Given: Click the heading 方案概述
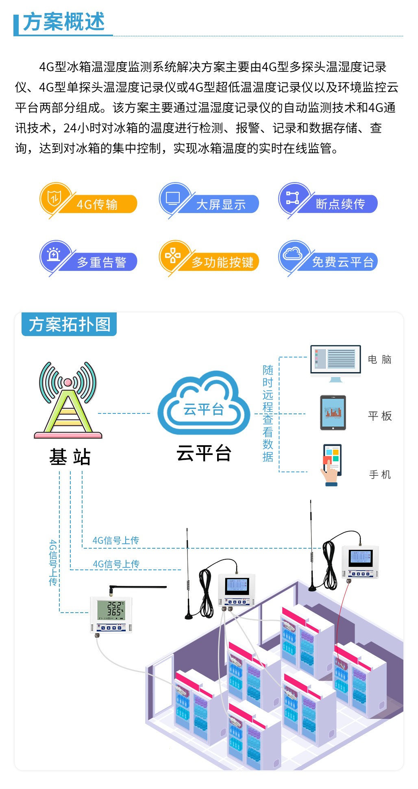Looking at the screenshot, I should coord(63,22).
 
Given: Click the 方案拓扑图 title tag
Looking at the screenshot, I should coord(69,325).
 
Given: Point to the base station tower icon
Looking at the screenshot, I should coord(68,400).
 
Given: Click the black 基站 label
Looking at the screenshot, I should coord(70,457).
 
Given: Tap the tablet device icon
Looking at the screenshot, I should coord(333,413).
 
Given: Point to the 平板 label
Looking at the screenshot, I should coord(380,416).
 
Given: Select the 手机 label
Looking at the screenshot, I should coord(380,475).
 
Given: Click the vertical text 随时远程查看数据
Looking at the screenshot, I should coord(268,413).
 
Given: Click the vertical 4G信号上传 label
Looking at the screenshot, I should coord(53,563).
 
